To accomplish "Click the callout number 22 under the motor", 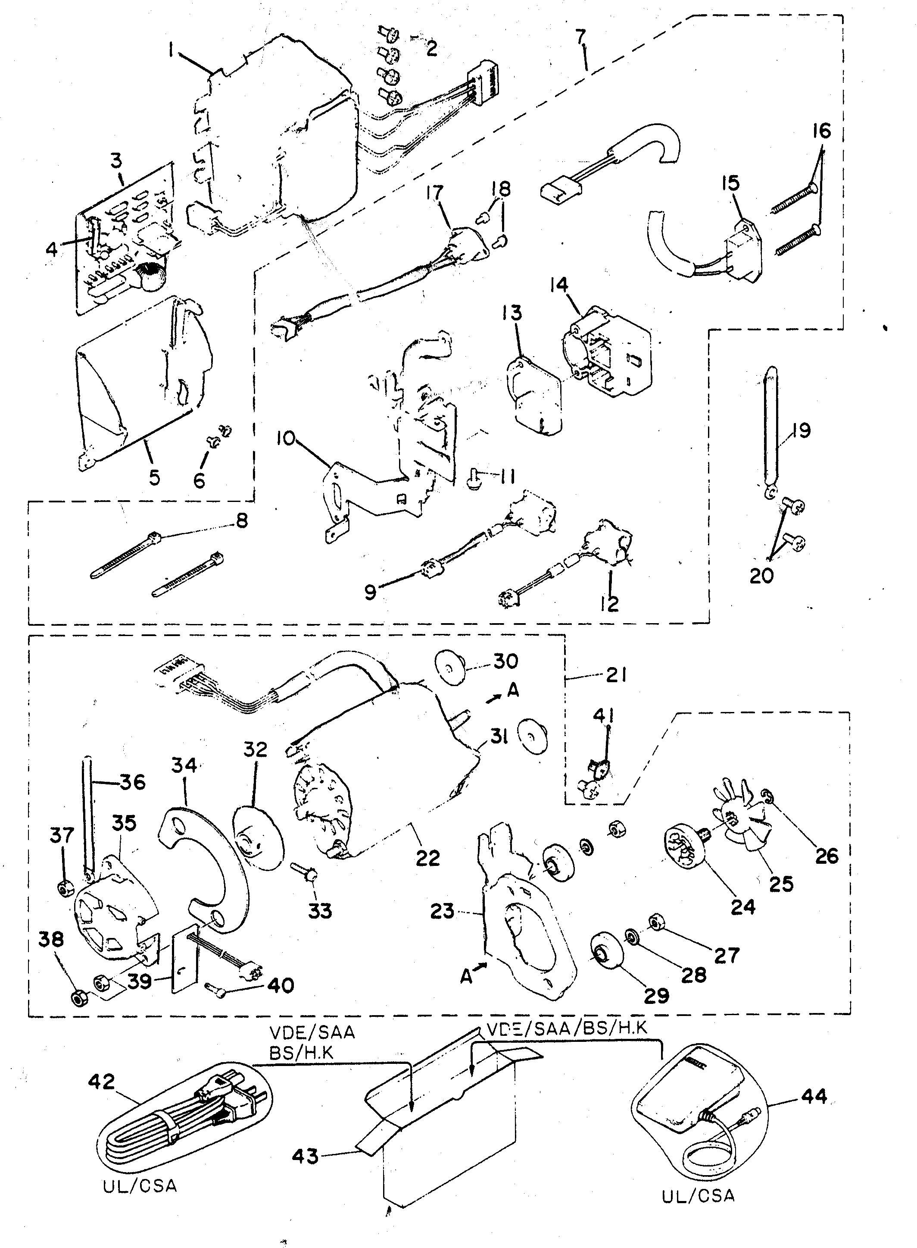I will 427,858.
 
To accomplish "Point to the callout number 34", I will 184,765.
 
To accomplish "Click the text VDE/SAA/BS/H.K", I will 567,1028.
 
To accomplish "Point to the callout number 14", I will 559,285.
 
